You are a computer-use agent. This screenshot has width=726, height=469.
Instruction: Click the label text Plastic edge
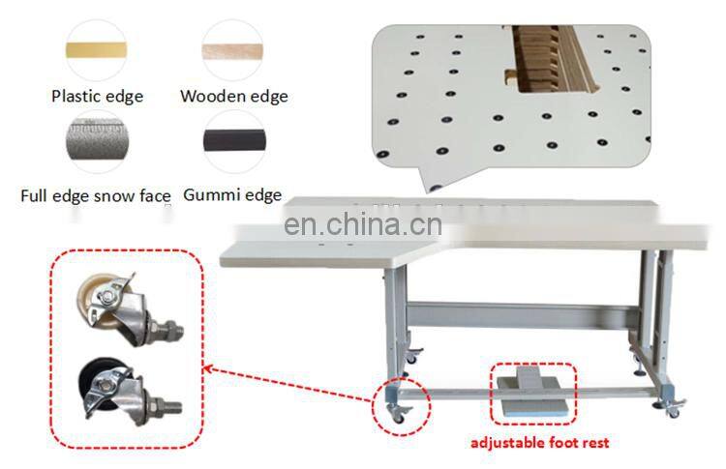point(97,96)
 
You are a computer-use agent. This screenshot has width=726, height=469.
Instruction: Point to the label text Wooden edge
point(233,96)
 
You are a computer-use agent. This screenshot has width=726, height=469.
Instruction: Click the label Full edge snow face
point(96,195)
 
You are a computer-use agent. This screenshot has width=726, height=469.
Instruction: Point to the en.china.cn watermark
point(363,225)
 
